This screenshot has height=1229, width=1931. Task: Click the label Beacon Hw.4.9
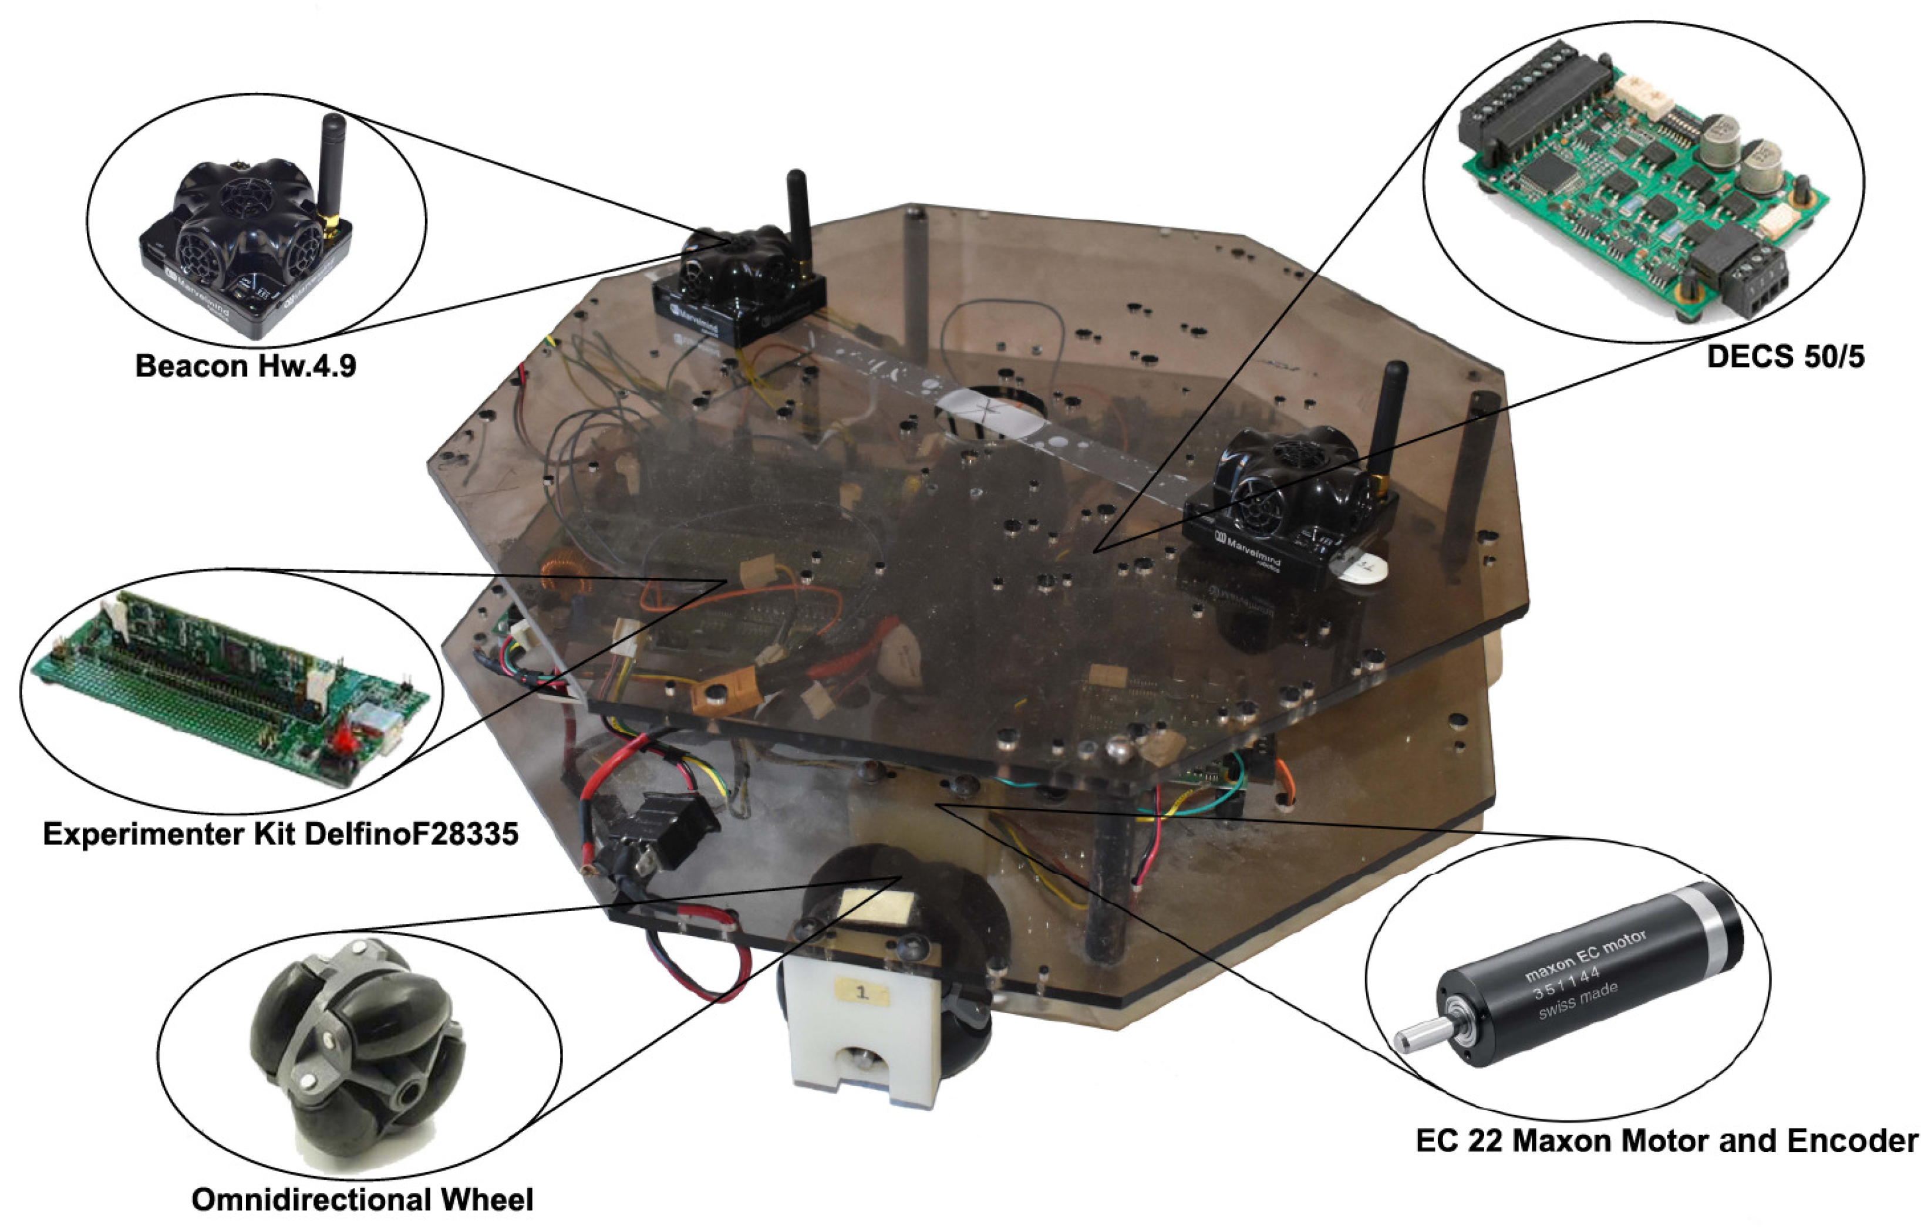pyautogui.click(x=245, y=366)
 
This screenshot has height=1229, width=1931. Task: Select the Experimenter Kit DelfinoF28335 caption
pyautogui.click(x=281, y=835)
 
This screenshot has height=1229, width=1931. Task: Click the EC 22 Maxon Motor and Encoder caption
pyautogui.click(x=1666, y=1141)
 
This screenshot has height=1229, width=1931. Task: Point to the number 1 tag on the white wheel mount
pyautogui.click(x=862, y=992)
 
